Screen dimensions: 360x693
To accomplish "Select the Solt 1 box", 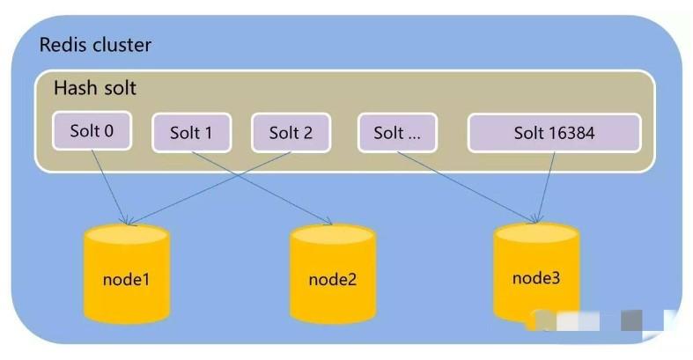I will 191,134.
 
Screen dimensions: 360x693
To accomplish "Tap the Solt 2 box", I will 291,134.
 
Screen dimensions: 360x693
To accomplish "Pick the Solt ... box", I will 396,134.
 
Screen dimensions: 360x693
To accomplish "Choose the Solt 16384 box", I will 554,134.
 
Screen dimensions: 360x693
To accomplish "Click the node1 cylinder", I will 125,274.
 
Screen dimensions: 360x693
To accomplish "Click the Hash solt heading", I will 95,89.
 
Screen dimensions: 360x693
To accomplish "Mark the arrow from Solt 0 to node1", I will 110,185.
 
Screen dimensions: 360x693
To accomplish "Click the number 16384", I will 571,134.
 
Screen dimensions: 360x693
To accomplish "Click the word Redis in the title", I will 61,45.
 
